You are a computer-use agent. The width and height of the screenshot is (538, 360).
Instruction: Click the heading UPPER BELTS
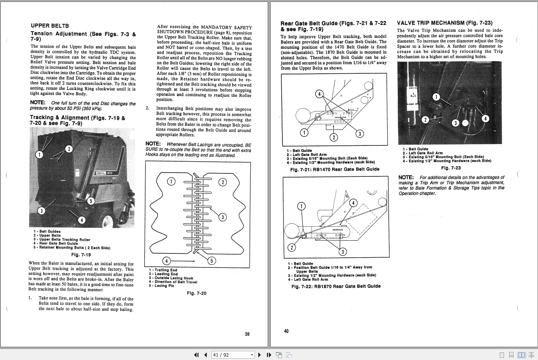point(50,26)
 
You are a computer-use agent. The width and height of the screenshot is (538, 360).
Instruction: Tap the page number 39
point(247,334)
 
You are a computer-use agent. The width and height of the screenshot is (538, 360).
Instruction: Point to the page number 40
point(286,331)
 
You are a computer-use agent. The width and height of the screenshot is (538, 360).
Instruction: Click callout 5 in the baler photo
point(91,201)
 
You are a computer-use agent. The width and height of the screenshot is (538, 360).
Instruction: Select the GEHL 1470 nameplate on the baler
point(104,173)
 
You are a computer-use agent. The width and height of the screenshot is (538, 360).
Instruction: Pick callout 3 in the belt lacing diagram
point(223,217)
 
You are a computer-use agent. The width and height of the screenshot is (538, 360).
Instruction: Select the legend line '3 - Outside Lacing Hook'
point(171,278)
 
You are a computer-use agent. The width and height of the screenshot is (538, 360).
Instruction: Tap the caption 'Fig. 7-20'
point(197,293)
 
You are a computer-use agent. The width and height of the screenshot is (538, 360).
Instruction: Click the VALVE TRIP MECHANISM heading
point(445,23)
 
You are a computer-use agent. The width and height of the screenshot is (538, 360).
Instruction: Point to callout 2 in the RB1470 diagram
point(333,137)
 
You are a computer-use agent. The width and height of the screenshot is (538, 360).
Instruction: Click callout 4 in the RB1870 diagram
point(353,203)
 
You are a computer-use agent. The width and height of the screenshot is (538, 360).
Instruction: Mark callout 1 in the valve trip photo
point(436,97)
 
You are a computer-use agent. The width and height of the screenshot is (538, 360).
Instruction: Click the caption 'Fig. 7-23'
point(451,168)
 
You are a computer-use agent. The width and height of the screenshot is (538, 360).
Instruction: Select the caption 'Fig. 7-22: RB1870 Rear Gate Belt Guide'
point(336,286)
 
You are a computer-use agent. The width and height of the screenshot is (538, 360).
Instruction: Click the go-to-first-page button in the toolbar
point(196,355)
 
